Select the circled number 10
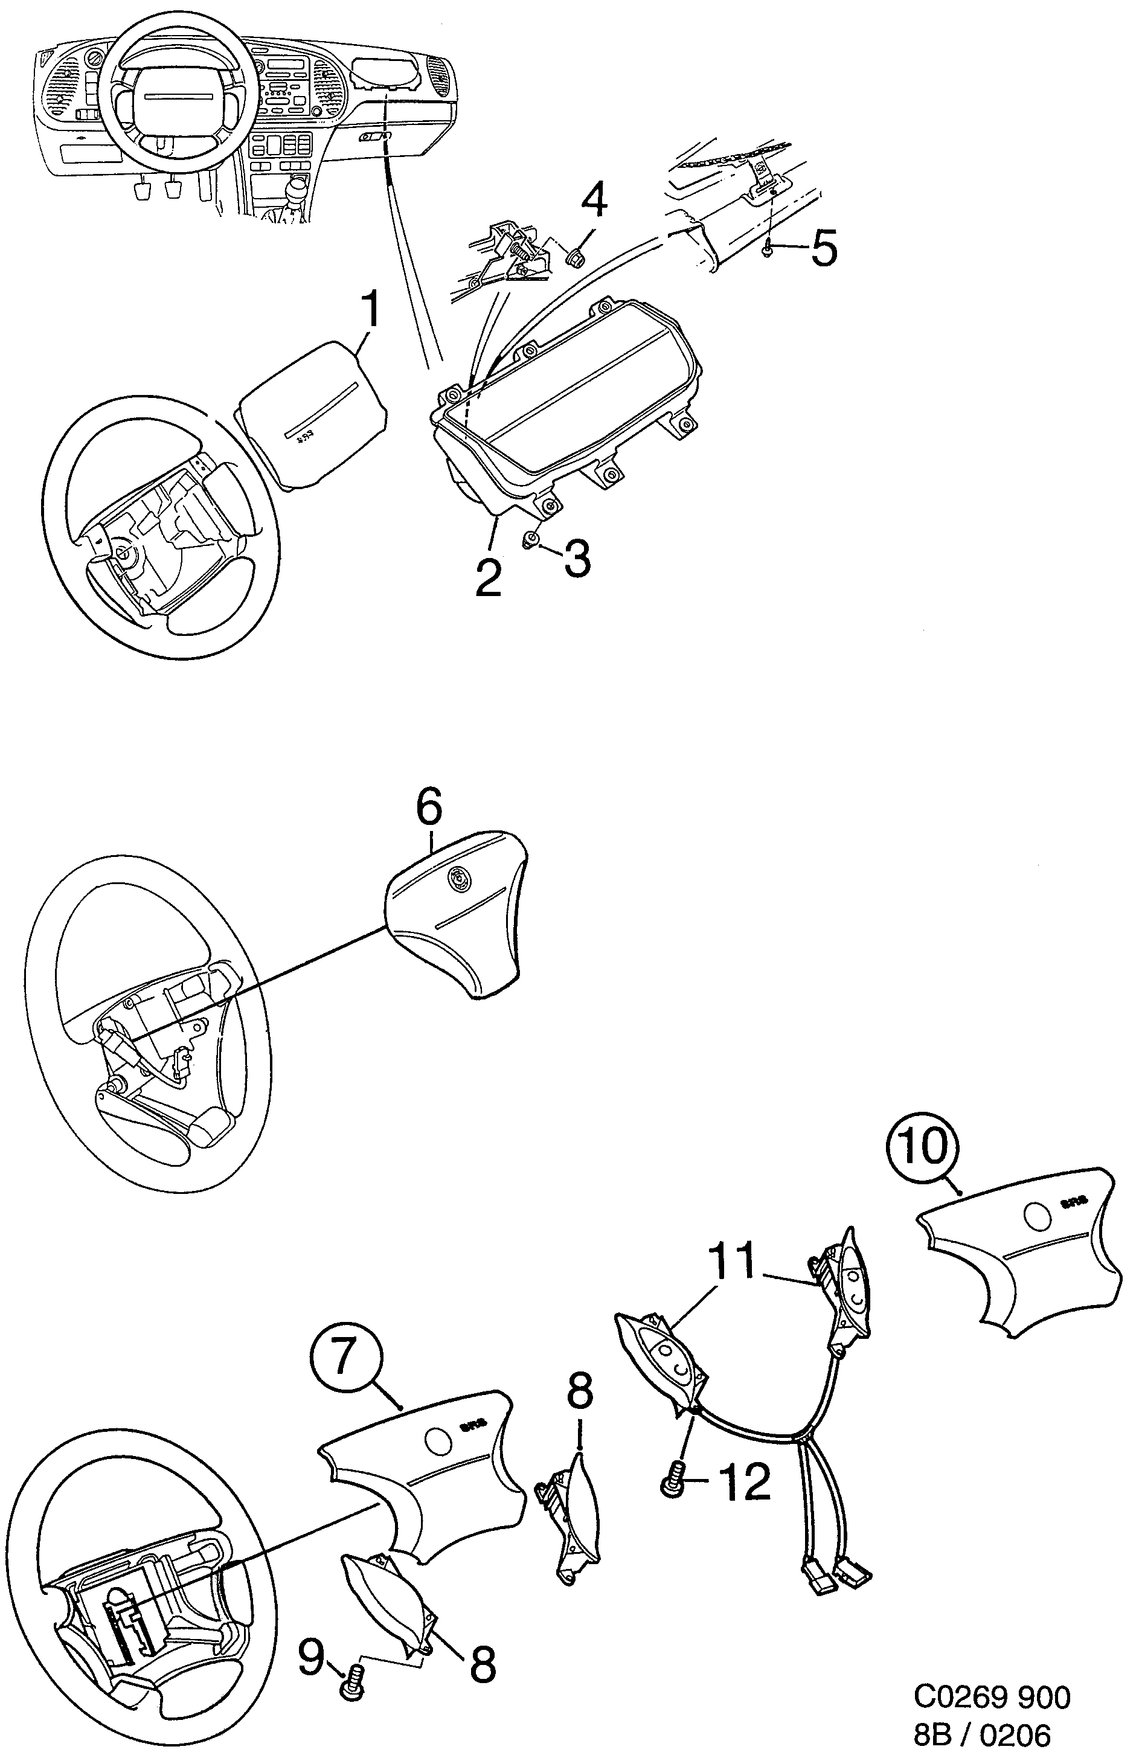click(922, 1149)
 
